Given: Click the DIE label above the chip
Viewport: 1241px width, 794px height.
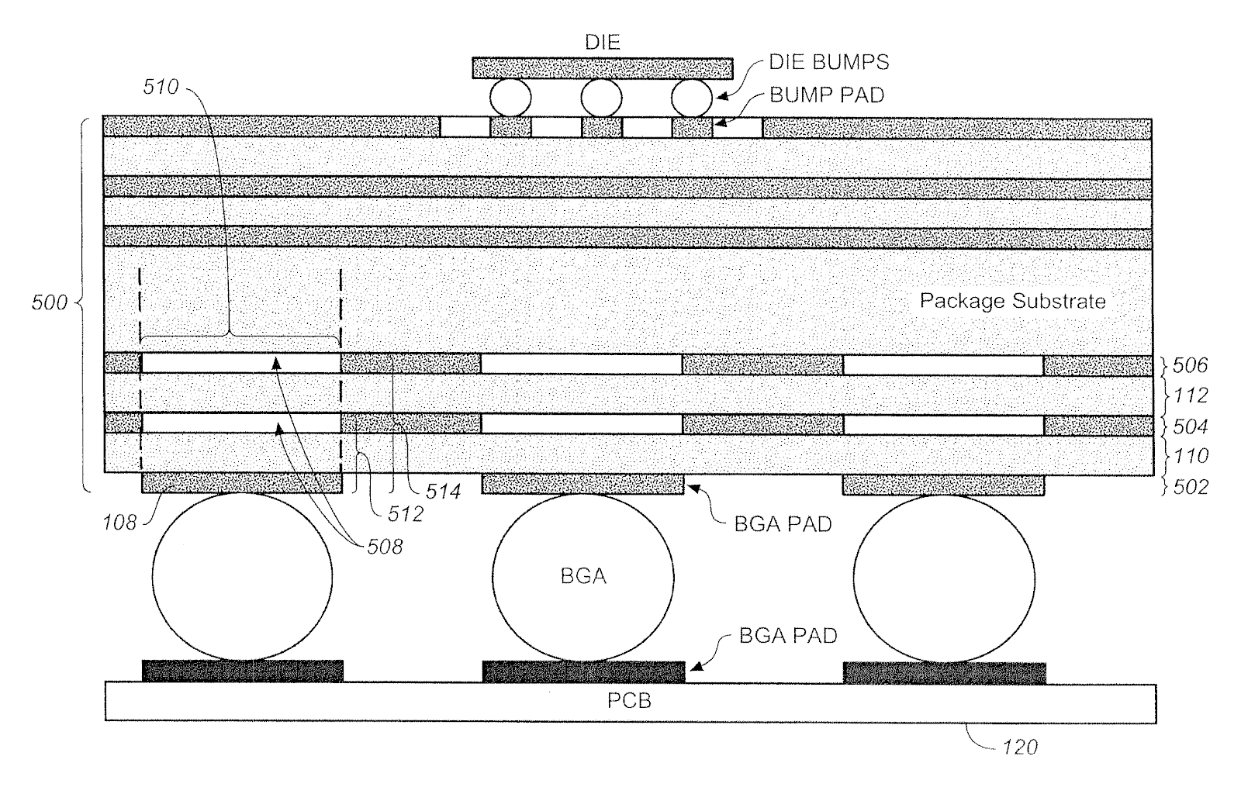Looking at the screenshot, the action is click(602, 42).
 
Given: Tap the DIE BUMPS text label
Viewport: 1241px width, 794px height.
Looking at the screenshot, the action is click(829, 62).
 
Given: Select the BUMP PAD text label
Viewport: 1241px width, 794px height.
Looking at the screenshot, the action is click(827, 95).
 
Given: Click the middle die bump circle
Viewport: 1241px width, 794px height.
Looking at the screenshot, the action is click(602, 98).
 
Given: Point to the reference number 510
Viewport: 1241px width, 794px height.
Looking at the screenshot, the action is click(161, 86).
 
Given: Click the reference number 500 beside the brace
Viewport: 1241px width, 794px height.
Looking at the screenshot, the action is click(50, 302).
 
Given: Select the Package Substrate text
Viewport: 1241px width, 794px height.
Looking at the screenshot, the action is click(1013, 301).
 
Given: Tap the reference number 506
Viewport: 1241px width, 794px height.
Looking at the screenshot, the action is click(1190, 365).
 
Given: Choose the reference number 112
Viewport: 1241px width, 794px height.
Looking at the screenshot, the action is click(1191, 395).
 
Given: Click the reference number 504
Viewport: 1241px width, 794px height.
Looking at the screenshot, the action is click(1191, 426).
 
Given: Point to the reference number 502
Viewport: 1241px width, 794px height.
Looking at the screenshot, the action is click(1191, 487).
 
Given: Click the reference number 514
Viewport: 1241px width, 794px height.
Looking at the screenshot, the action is click(443, 491).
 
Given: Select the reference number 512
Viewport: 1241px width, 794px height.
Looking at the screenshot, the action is click(406, 514).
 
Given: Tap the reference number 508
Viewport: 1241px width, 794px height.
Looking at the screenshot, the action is click(385, 547).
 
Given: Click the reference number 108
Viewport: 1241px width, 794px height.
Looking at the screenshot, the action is click(119, 522).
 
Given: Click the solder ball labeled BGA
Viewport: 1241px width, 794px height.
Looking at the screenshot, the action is click(582, 577).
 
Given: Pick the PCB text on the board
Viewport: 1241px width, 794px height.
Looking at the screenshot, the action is click(629, 701).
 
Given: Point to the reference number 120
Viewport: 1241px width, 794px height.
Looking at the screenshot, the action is click(1020, 747).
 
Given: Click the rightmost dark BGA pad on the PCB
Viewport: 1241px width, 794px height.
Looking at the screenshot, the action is click(945, 673).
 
